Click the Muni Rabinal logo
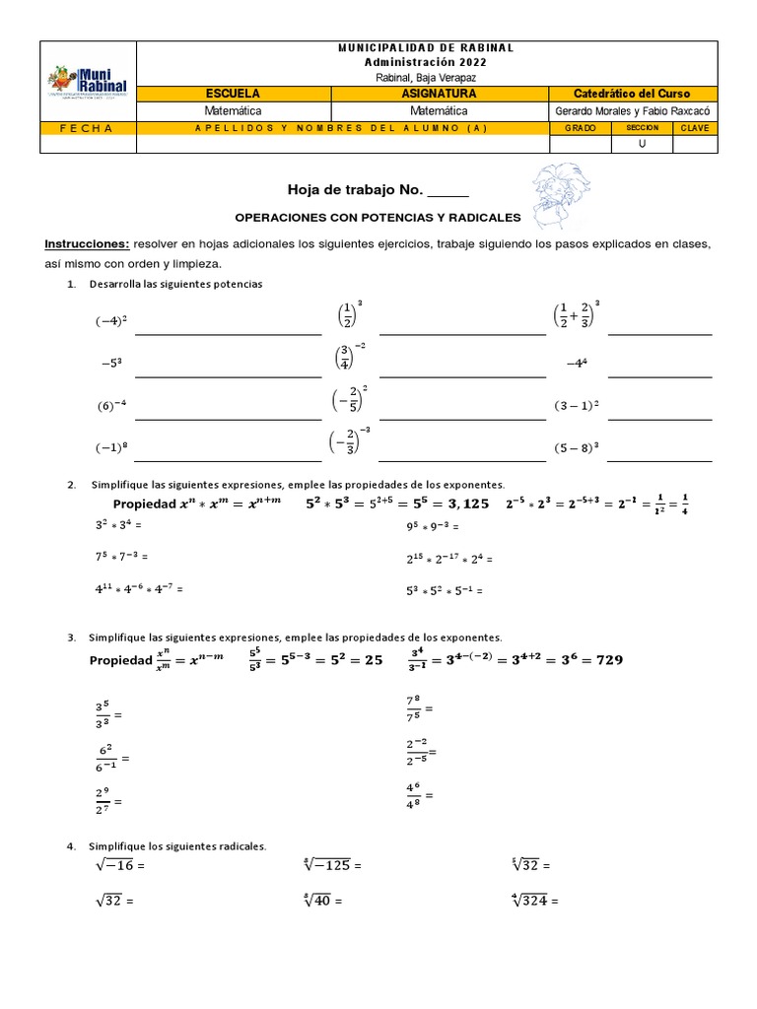[x=87, y=83]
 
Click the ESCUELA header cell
[x=234, y=94]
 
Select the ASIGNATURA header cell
[x=440, y=94]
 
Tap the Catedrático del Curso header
[x=634, y=94]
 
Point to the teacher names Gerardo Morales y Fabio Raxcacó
[x=634, y=111]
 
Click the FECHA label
[x=87, y=128]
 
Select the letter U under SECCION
[x=643, y=145]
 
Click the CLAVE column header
[x=694, y=128]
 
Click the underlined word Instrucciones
[x=86, y=243]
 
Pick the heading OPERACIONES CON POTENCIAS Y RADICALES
[x=378, y=216]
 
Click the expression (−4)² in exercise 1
[x=112, y=321]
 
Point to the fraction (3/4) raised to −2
[x=350, y=357]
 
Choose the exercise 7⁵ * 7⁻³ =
[x=123, y=557]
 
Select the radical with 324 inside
[x=534, y=900]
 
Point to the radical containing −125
[x=331, y=865]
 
